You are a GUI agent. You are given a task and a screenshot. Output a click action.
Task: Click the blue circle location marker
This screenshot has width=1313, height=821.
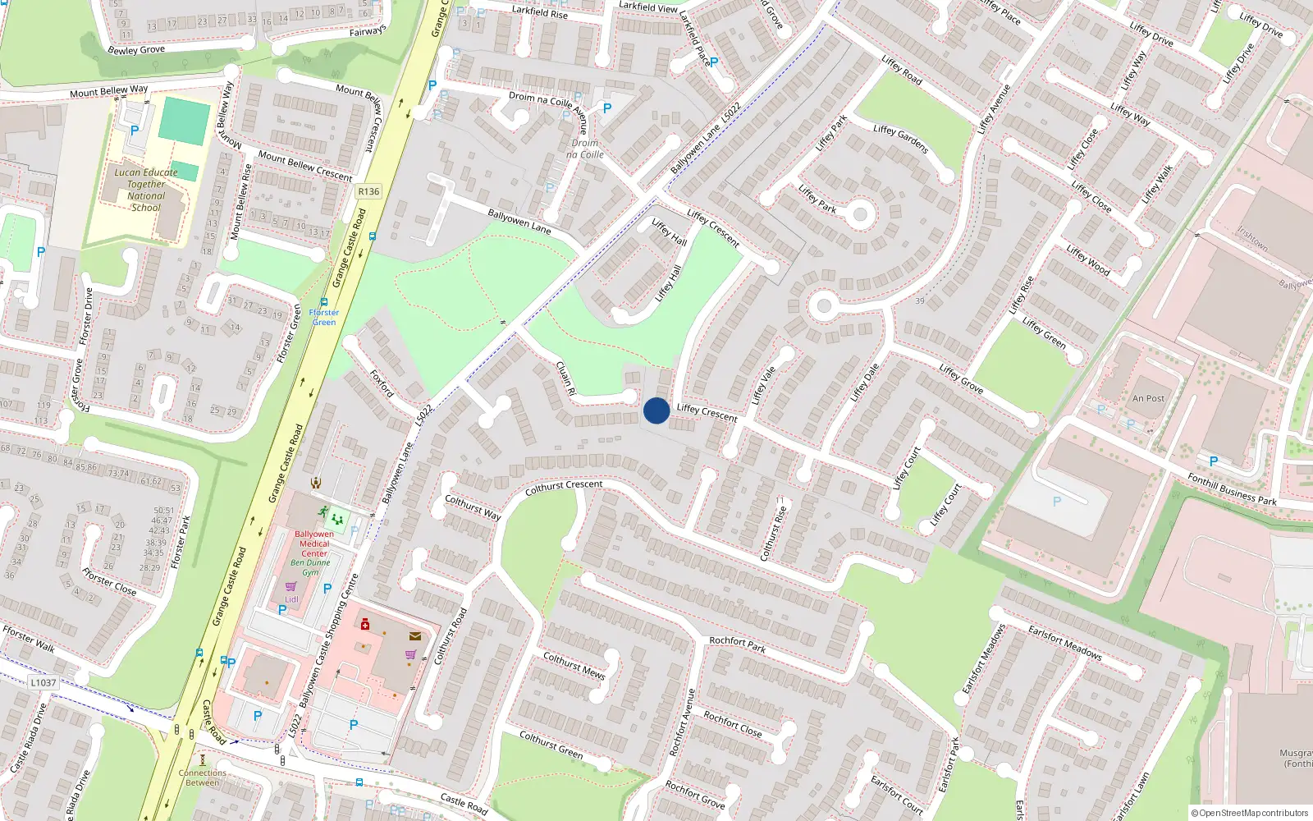tap(656, 410)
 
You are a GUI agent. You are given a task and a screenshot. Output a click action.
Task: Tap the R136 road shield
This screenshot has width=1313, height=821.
tap(368, 191)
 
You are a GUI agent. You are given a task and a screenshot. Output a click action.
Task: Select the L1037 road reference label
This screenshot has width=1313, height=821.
tap(43, 682)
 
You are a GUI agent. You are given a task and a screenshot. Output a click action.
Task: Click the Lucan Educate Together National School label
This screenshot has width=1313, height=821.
tap(146, 190)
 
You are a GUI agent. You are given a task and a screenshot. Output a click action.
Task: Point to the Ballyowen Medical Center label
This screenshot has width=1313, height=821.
tap(314, 544)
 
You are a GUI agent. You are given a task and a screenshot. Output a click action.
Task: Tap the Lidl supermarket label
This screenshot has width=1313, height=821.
tap(291, 599)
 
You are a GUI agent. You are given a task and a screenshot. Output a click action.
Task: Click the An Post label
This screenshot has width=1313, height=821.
tap(1148, 398)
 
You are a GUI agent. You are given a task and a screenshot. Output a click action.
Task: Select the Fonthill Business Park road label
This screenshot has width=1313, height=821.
tap(1232, 488)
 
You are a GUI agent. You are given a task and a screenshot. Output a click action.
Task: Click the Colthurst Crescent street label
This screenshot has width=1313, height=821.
tap(564, 486)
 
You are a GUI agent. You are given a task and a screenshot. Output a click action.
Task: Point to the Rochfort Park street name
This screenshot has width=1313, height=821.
tap(737, 644)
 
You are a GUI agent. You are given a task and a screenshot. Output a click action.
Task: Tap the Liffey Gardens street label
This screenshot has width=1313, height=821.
tap(900, 140)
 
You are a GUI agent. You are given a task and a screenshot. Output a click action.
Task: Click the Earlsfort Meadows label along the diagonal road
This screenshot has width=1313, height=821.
tap(1064, 642)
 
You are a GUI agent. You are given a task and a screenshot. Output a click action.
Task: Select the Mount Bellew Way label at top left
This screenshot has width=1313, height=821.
tap(108, 91)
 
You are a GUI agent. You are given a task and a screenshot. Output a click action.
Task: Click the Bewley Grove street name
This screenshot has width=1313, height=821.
tap(136, 50)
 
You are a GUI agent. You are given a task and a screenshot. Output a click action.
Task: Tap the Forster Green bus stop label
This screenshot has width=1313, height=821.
tap(324, 317)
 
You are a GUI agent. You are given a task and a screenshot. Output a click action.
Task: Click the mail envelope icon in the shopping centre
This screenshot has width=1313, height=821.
tap(415, 635)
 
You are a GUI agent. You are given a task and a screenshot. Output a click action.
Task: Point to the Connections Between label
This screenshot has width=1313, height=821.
tap(203, 777)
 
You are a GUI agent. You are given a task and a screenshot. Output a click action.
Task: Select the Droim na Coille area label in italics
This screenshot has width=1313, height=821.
tap(584, 149)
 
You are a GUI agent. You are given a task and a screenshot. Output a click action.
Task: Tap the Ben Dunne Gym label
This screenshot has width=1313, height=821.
tap(310, 567)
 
